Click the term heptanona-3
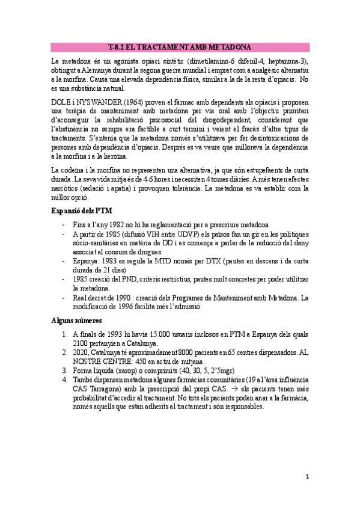[x=285, y=61]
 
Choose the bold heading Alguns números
[x=76, y=321]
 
